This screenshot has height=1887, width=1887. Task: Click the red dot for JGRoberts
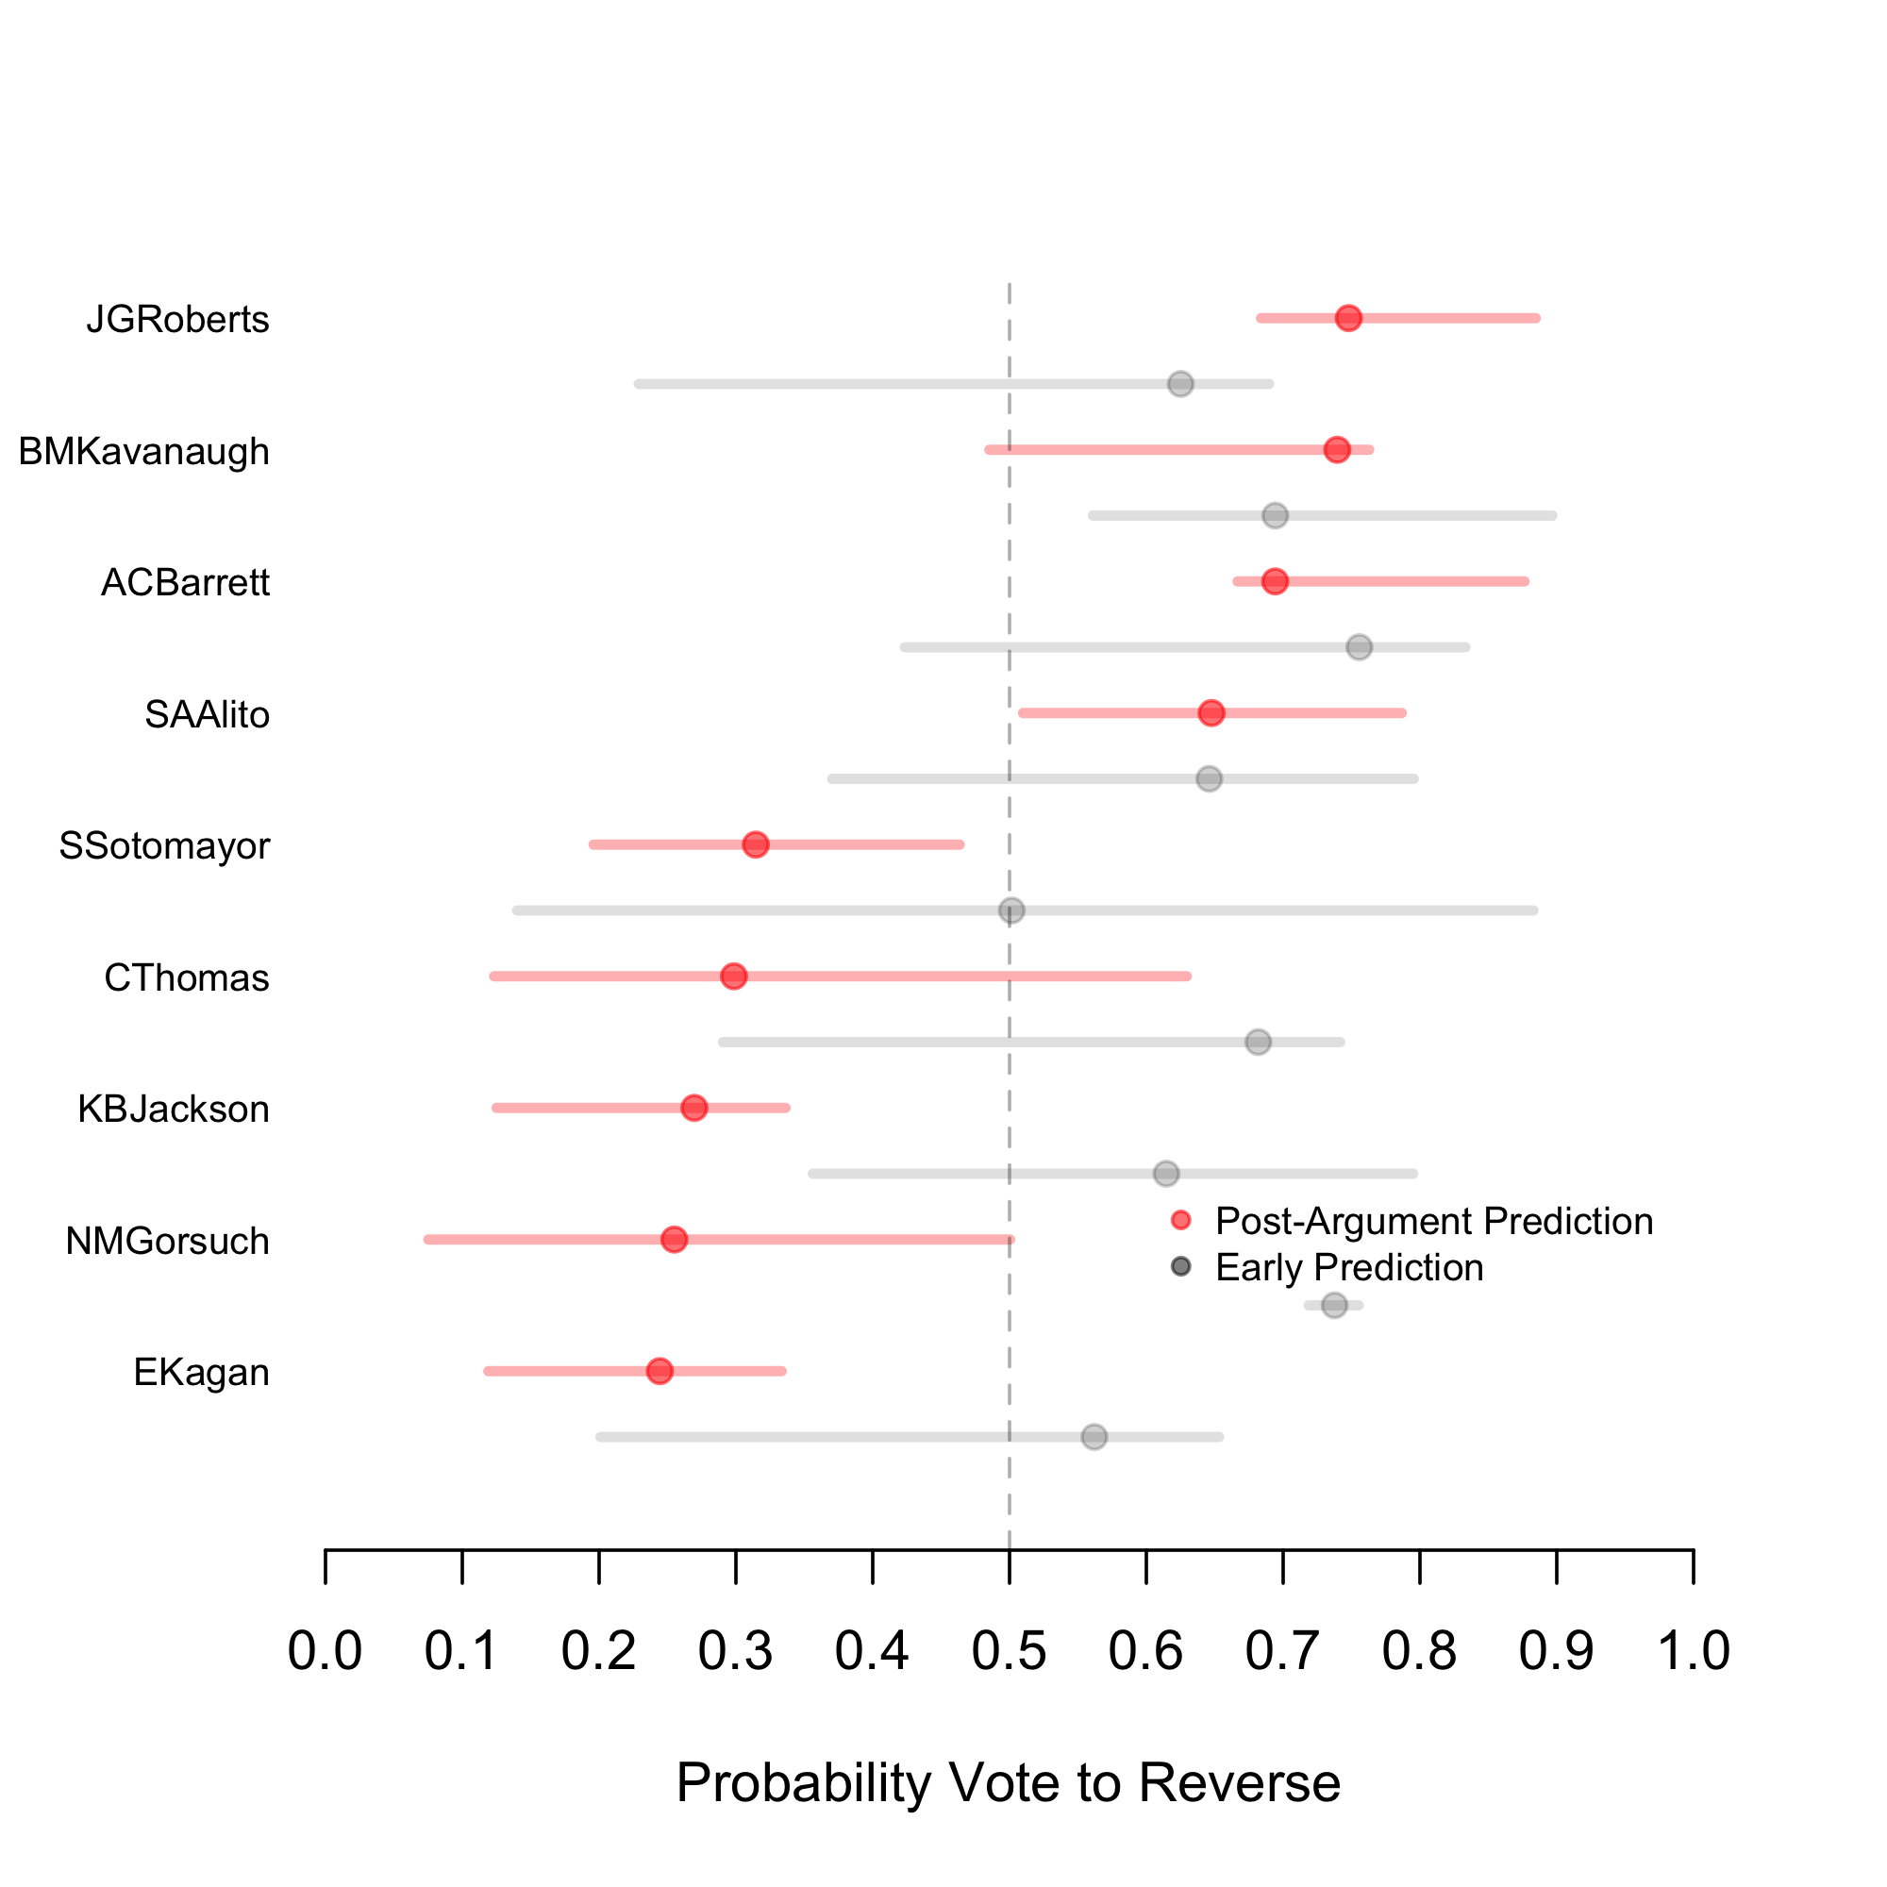pos(1348,318)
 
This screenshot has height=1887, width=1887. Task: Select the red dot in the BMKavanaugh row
pos(1337,449)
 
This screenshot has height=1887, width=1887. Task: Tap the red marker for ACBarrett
pos(1275,581)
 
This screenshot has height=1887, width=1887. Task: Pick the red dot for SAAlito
pos(1211,713)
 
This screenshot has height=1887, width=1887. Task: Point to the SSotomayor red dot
pos(755,844)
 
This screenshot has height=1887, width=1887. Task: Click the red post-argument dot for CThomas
pos(733,976)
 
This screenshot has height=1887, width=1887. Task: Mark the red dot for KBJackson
pos(694,1108)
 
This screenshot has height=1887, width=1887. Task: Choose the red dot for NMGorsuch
pos(674,1240)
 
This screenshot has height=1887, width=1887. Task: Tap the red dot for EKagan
pos(660,1371)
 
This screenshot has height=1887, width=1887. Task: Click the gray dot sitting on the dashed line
pos(1010,910)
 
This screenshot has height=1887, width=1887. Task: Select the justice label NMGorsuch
pos(167,1242)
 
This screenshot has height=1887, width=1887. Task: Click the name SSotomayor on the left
pos(164,845)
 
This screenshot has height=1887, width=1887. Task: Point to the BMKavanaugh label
pos(143,451)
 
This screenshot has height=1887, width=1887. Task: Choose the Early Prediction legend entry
pos(1349,1268)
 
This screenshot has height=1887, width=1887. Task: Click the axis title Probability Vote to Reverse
pos(1008,1782)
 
